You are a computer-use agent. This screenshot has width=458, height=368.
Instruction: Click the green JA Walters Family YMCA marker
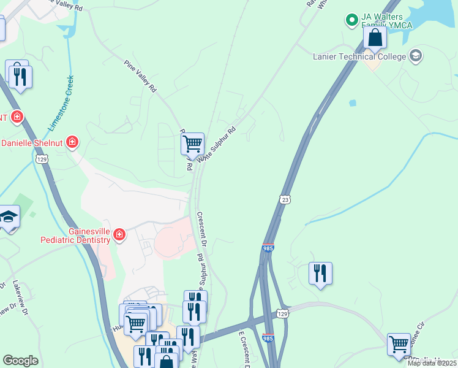(352, 20)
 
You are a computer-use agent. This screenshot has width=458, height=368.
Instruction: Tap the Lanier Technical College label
(359, 57)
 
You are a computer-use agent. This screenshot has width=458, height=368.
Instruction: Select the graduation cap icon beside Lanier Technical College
(416, 56)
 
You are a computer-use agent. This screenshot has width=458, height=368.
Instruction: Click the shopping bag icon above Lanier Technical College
(375, 38)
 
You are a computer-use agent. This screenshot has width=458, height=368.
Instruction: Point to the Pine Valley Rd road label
(140, 76)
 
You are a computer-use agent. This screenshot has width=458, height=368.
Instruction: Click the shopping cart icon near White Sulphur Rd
(193, 144)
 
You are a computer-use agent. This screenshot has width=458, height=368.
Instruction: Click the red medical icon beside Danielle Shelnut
(73, 143)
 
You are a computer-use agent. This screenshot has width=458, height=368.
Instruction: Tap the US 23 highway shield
(284, 199)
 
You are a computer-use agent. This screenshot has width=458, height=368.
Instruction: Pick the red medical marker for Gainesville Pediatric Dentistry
(119, 234)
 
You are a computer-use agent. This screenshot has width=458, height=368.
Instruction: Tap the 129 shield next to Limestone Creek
(42, 159)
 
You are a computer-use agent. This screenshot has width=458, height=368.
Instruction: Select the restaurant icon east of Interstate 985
(320, 273)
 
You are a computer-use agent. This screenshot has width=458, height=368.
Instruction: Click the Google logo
(20, 361)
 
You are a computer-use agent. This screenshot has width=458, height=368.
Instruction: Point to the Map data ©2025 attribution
(432, 363)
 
